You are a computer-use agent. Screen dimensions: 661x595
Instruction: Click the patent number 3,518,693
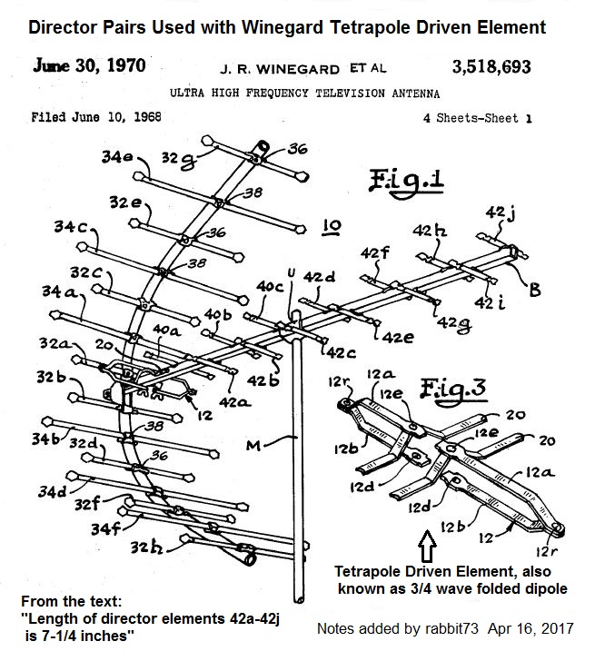tap(491, 66)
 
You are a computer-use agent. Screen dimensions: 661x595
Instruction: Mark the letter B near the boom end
tap(535, 291)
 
